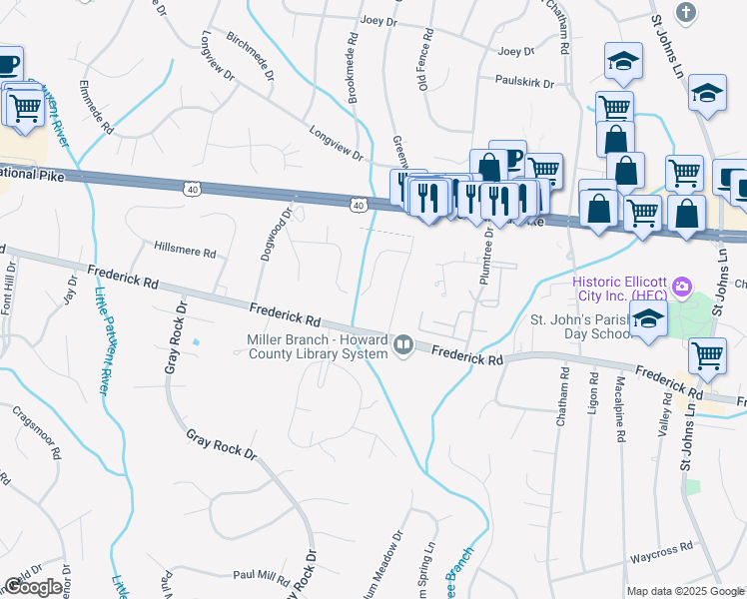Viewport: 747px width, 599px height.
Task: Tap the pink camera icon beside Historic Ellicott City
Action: [x=682, y=288]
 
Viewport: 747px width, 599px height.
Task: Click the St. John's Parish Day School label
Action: [x=581, y=327]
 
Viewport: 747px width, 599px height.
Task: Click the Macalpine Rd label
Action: [x=620, y=410]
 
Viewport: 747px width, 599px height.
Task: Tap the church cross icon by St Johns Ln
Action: [x=685, y=13]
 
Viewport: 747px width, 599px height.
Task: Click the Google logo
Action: [x=33, y=587]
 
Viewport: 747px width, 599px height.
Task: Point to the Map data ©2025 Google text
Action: [x=684, y=591]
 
